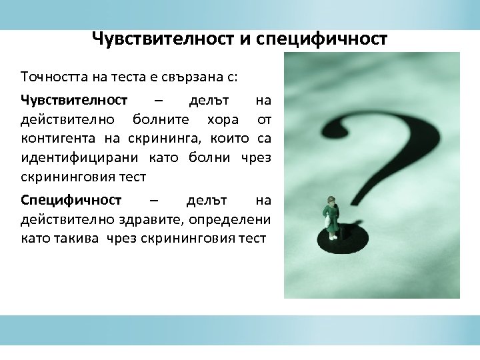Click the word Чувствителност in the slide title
coord(159,39)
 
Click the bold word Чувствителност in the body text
coord(74,101)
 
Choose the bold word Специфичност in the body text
coord(71,200)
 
